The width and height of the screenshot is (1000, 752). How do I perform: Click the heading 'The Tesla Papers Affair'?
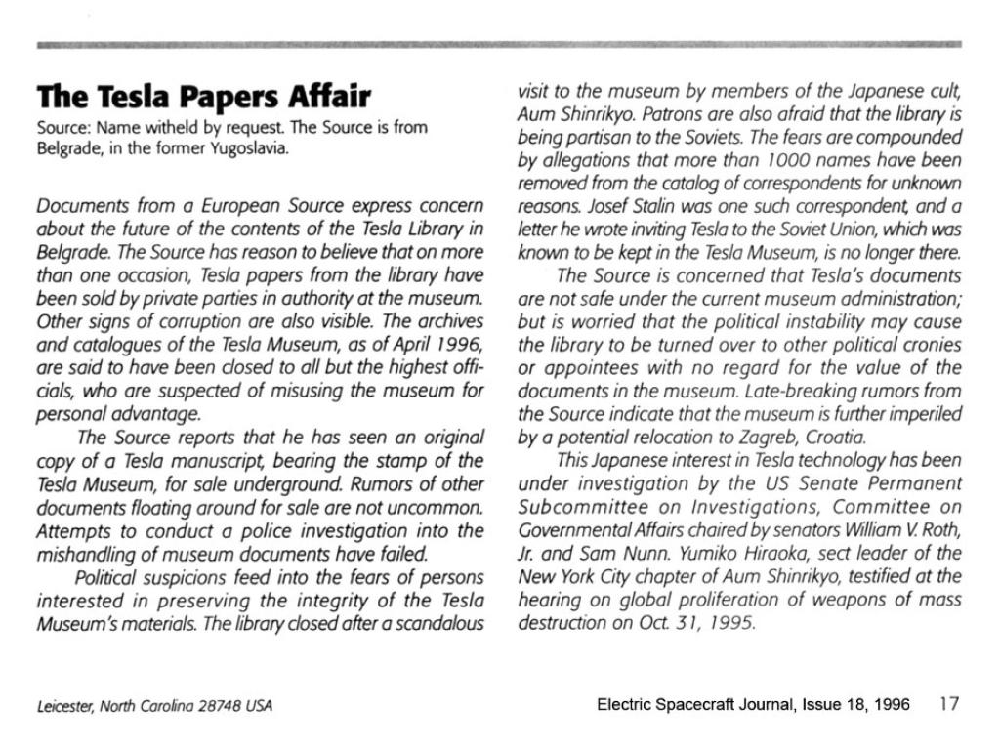tap(203, 98)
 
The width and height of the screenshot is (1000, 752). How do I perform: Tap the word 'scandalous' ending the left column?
tap(439, 623)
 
